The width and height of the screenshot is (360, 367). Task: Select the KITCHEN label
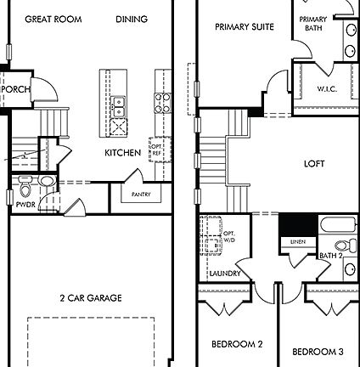(122, 153)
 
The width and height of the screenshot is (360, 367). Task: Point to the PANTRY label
(140, 195)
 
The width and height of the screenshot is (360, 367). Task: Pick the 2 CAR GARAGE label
(90, 297)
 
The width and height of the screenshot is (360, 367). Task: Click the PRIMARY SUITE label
(244, 27)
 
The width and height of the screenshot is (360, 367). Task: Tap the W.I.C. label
(329, 88)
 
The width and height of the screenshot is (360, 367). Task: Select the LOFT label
(315, 163)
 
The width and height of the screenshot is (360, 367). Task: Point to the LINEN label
(296, 242)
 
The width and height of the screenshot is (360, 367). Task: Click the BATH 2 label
(330, 255)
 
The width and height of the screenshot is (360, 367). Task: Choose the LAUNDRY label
(225, 273)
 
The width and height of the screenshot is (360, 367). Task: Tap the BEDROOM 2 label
(236, 344)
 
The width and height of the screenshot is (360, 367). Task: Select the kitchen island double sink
(119, 106)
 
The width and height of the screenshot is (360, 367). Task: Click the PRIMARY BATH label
(313, 23)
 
